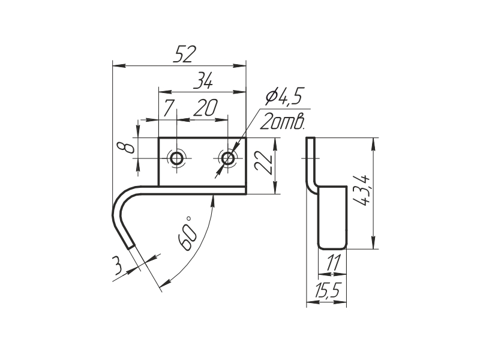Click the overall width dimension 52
click(x=185, y=54)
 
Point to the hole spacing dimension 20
click(x=205, y=108)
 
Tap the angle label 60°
click(x=187, y=233)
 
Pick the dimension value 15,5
click(x=327, y=292)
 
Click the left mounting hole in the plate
click(x=177, y=158)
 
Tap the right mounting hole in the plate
click(x=227, y=158)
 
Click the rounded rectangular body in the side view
click(x=332, y=217)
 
